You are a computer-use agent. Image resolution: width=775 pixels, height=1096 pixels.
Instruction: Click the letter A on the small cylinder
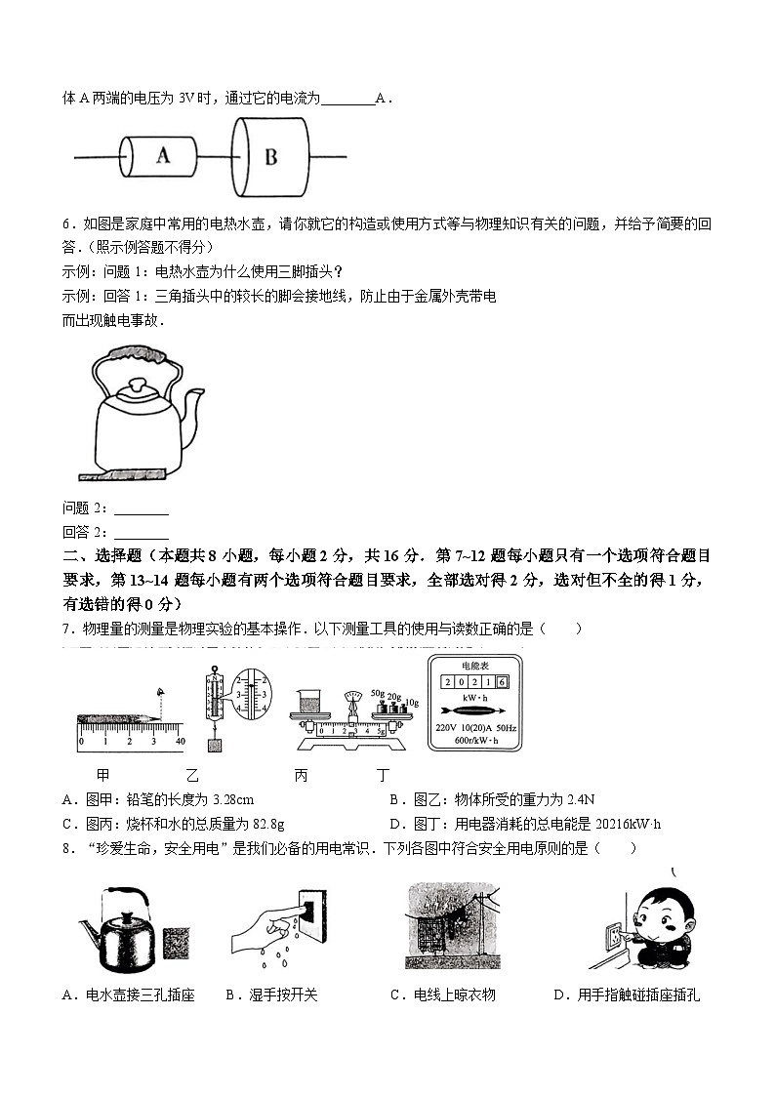[x=162, y=154]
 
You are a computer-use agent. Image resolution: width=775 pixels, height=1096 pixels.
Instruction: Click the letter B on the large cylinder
[x=270, y=156]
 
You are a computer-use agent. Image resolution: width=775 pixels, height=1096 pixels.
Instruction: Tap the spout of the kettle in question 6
[x=195, y=401]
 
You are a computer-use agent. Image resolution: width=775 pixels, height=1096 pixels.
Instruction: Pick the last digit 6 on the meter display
[x=502, y=682]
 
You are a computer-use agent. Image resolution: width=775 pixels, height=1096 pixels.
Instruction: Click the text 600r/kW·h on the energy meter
[x=475, y=741]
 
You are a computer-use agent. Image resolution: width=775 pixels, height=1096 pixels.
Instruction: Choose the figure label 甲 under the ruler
[x=102, y=777]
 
